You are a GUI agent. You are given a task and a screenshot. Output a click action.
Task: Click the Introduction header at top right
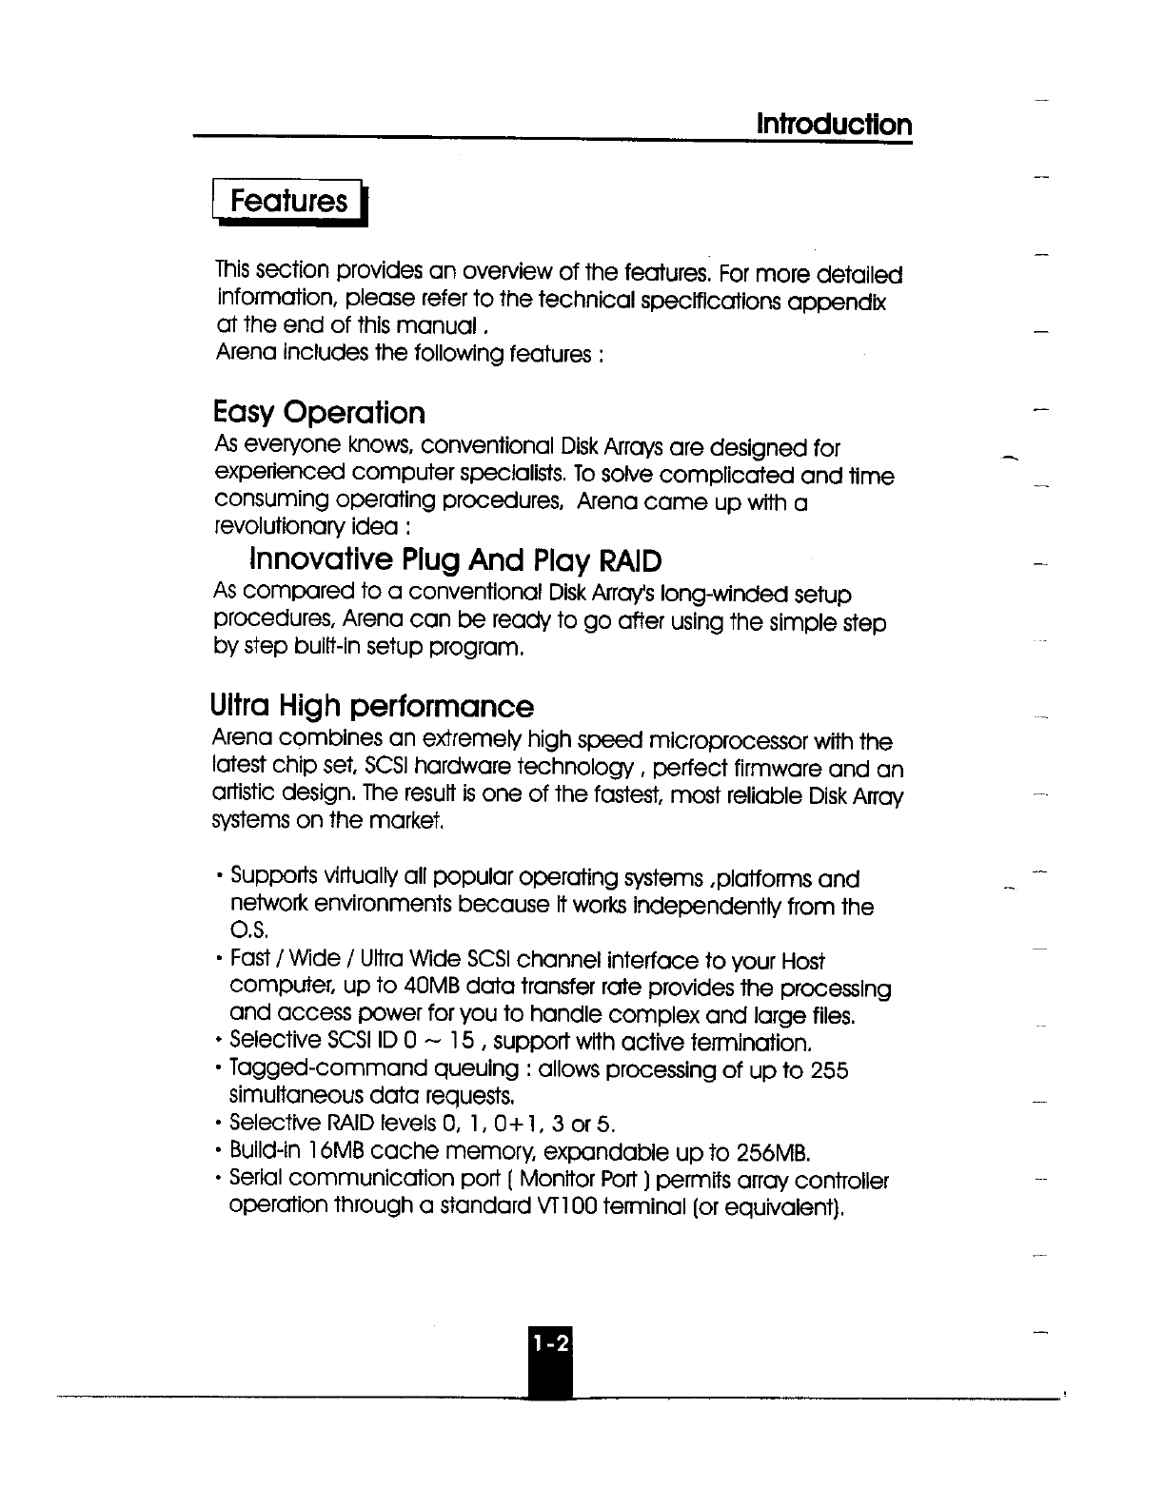click(x=834, y=125)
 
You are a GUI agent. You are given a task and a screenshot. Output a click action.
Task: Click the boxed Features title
click(x=290, y=201)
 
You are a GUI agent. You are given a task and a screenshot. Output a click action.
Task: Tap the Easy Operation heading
click(x=320, y=413)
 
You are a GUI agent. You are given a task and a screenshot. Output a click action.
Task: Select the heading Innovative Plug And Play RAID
click(x=455, y=558)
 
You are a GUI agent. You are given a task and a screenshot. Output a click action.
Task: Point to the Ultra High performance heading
click(x=371, y=707)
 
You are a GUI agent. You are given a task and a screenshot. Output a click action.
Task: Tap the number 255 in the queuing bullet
click(x=829, y=1070)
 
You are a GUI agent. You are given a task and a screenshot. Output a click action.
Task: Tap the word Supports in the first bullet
click(x=270, y=878)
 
